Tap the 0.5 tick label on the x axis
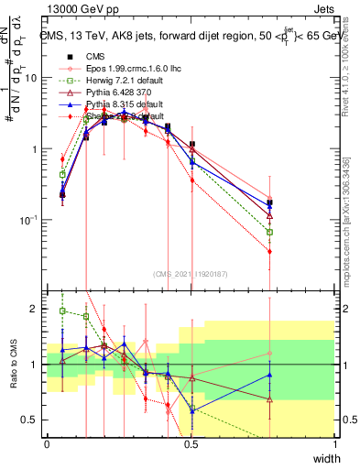point(191,444)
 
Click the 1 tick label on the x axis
point(335,444)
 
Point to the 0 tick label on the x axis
point(48,444)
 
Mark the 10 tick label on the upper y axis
point(31,78)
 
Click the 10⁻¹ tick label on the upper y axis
point(29,220)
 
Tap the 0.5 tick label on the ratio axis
point(31,420)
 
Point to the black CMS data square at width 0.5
point(191,144)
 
